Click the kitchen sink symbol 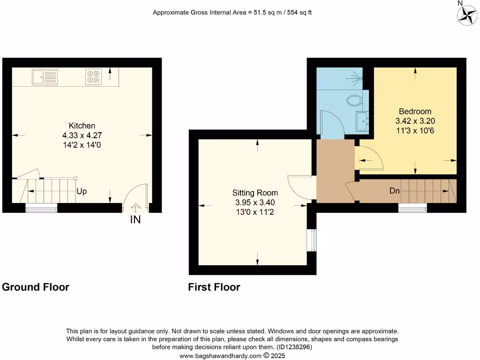[45, 76]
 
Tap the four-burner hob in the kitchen [94, 76]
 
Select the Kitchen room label [82, 126]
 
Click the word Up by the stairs [82, 192]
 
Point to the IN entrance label [135, 219]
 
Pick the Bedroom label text [415, 112]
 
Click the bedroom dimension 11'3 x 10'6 [415, 130]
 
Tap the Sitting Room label [255, 193]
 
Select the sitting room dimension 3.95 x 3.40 [255, 202]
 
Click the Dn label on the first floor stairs [394, 191]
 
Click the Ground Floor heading [36, 287]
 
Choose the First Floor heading [214, 287]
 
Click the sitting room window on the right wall [312, 240]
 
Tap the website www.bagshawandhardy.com [220, 356]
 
